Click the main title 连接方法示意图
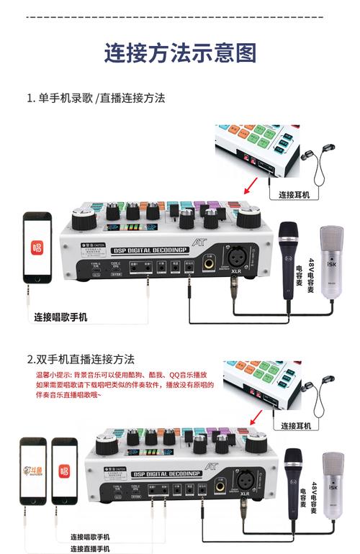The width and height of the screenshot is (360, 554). (180, 53)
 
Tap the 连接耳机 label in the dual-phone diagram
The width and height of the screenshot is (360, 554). (296, 425)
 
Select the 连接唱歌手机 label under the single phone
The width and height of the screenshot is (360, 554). (61, 316)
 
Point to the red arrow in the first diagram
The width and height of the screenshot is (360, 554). (250, 189)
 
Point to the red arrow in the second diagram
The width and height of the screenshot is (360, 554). (253, 419)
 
